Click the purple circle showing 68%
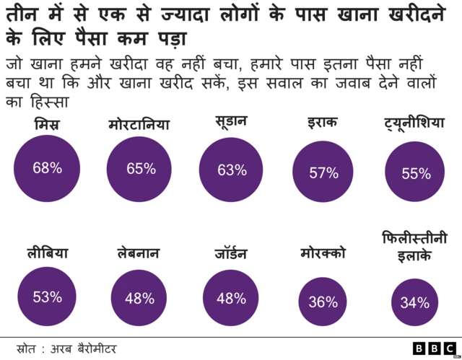47,169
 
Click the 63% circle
232,170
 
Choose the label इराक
322,123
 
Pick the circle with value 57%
323,172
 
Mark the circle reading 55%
415,173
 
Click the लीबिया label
47,253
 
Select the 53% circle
47,297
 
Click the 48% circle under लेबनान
139,298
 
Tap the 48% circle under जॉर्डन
231,298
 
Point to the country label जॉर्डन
231,253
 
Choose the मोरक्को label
323,253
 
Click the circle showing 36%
323,302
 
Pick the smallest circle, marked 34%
414,302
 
